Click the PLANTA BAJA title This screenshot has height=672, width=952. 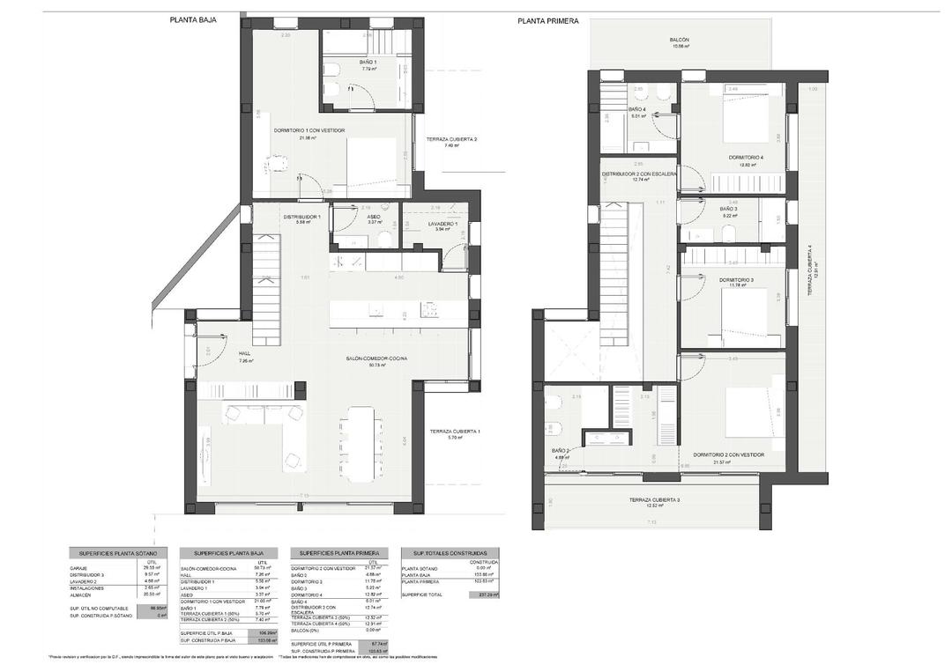point(193,18)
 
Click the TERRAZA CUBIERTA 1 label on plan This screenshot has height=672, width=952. point(454,431)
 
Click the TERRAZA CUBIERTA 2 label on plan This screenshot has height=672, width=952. point(450,139)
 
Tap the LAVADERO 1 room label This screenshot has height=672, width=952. point(436,225)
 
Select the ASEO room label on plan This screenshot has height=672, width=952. point(374,217)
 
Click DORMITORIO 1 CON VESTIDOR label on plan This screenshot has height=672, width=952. point(309,130)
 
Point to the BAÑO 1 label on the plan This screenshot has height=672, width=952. point(368,63)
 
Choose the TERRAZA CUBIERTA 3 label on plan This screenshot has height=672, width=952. point(653,499)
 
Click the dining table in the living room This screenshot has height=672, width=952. point(361,443)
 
